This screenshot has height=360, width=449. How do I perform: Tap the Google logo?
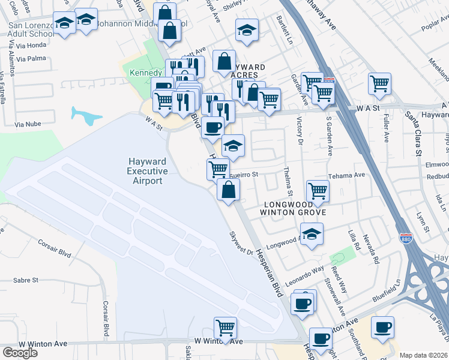click(x=20, y=353)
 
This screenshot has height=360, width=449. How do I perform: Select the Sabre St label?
click(x=26, y=280)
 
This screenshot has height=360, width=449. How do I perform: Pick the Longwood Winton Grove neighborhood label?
click(x=294, y=206)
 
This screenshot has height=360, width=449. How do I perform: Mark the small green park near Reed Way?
click(x=340, y=257)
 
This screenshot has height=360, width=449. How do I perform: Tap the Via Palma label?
click(x=31, y=59)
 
